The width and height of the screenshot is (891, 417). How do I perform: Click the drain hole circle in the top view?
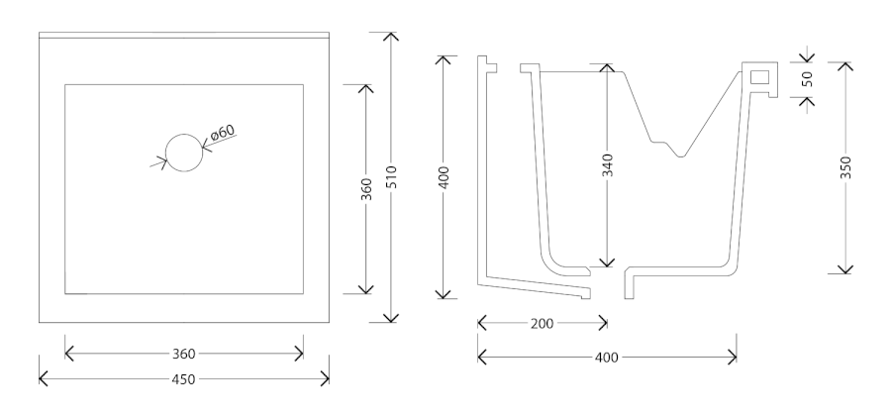click(x=183, y=153)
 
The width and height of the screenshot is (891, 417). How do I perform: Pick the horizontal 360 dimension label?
click(x=183, y=353)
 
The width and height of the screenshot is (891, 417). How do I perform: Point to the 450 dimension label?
click(x=183, y=378)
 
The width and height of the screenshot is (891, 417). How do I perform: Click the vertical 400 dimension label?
click(x=444, y=177)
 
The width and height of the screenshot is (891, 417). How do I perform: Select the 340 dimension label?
click(x=606, y=164)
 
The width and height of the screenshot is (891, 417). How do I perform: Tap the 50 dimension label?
click(x=807, y=79)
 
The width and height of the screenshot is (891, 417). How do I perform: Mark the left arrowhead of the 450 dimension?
click(x=42, y=378)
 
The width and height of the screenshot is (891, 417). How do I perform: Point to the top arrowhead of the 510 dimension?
click(x=391, y=36)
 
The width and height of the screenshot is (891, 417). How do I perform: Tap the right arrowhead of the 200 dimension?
click(x=603, y=323)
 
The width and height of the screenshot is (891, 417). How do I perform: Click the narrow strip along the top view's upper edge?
click(x=183, y=36)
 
